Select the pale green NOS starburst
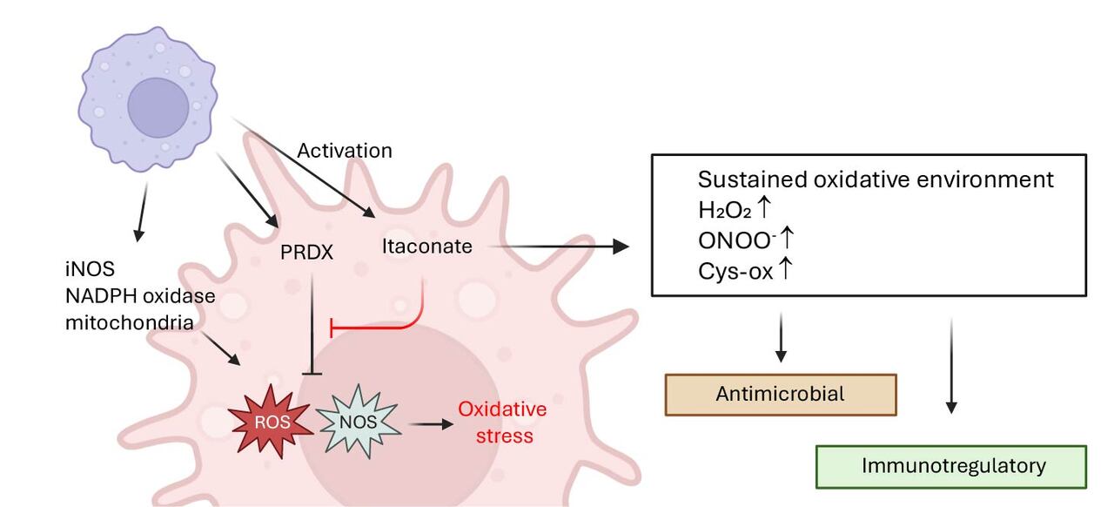[x=359, y=422]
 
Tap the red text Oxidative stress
[x=502, y=422]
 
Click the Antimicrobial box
[x=780, y=395]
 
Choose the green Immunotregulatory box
[x=951, y=466]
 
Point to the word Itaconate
[x=426, y=247]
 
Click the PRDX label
[x=308, y=253]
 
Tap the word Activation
[x=345, y=151]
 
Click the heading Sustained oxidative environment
[x=876, y=179]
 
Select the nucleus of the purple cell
[x=158, y=107]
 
